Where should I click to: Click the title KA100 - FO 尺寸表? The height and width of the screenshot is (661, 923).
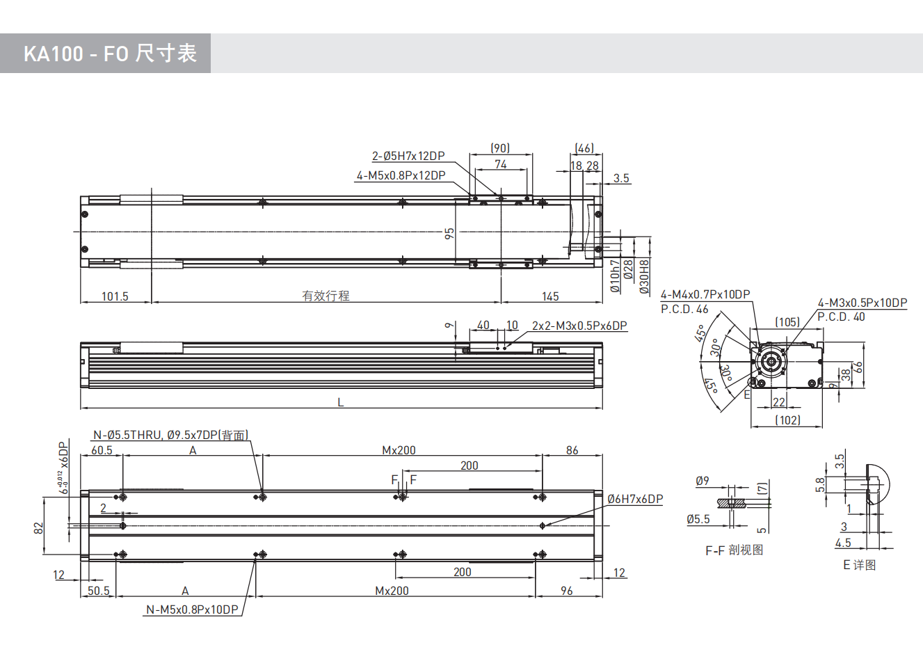tap(110, 54)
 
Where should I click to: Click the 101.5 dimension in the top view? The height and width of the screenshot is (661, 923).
tap(115, 296)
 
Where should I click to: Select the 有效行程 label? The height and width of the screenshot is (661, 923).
tap(326, 296)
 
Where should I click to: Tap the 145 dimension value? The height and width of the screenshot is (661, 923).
tap(550, 296)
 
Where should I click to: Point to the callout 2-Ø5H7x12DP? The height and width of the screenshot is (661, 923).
tap(408, 157)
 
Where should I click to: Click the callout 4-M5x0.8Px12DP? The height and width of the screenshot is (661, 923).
tap(401, 176)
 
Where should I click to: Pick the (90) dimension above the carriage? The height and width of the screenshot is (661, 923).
tap(500, 148)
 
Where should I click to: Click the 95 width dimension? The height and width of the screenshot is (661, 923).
tap(450, 234)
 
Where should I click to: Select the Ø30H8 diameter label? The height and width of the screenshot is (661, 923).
tap(644, 276)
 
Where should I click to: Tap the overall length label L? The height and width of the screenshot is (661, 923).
tap(341, 402)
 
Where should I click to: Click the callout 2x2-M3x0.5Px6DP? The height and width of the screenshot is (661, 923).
tap(579, 326)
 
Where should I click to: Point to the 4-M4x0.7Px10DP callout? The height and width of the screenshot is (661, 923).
tap(705, 295)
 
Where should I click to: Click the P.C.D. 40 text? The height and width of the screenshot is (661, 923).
tap(841, 317)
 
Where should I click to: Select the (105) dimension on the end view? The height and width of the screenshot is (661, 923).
tap(787, 322)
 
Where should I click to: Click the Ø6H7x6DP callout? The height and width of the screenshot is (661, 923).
tap(635, 499)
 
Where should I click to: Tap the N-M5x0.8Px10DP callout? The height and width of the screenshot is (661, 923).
tap(192, 610)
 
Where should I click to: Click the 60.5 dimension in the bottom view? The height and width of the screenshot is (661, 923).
tap(102, 450)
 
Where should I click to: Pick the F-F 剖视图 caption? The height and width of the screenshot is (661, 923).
tap(734, 550)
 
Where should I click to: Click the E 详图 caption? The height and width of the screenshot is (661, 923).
tap(859, 565)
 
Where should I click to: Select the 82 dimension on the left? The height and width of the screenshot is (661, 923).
tap(39, 529)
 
